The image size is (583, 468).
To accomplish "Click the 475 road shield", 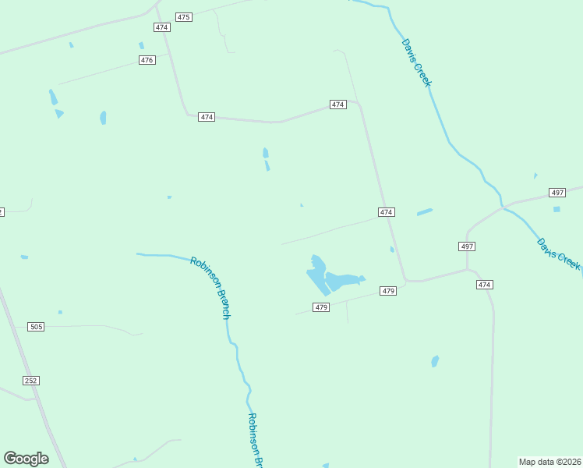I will tap(183, 16).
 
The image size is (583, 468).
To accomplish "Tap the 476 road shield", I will tap(147, 60).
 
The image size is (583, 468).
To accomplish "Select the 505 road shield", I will tap(35, 327).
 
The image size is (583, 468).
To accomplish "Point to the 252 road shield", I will tap(31, 380).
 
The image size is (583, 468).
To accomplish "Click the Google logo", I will tap(26, 458).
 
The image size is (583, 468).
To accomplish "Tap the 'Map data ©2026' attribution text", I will tap(549, 461).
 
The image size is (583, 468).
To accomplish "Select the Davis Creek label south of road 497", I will tap(559, 254).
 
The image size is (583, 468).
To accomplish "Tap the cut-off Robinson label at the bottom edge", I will tap(256, 438).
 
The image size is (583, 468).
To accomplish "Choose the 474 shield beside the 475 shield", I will tap(161, 27).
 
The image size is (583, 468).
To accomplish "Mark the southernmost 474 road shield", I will tap(485, 285).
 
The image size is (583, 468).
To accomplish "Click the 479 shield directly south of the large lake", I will tap(321, 307).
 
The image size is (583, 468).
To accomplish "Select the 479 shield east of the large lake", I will tap(389, 291).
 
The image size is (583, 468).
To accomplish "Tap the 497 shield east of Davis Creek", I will tap(557, 193).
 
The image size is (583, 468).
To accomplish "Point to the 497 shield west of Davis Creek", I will tap(466, 246).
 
